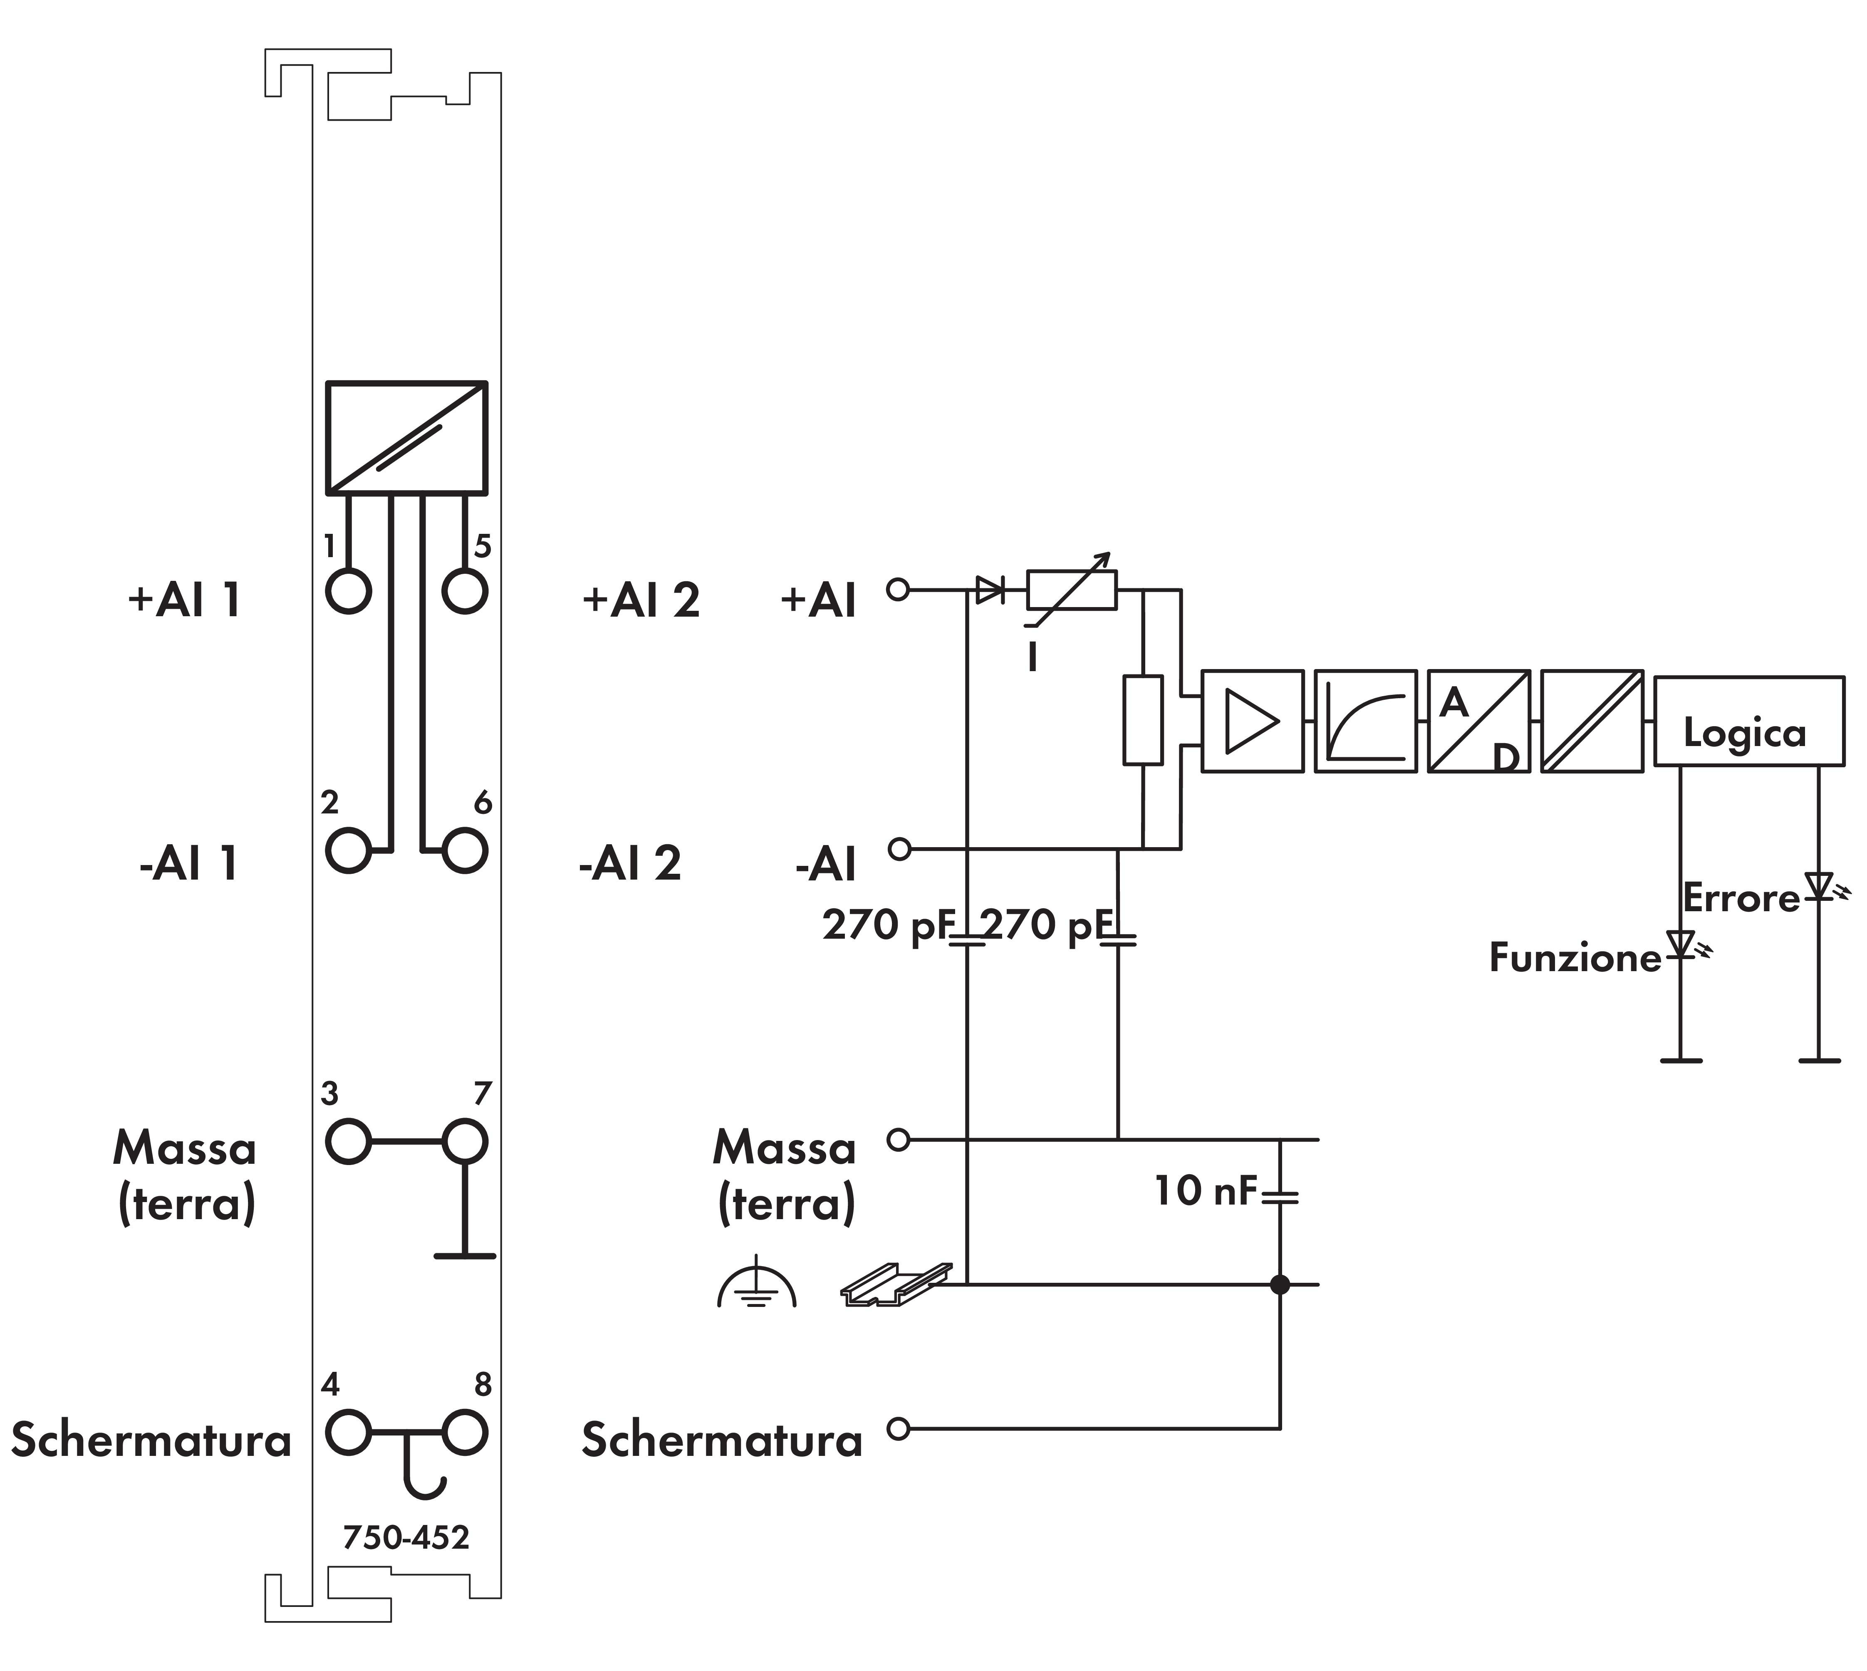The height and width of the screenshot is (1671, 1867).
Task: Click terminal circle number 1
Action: click(x=348, y=590)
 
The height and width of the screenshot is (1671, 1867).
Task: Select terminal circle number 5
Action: click(x=464, y=590)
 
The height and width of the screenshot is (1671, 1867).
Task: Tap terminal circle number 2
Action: click(x=348, y=849)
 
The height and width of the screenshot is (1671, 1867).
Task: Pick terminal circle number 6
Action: click(x=464, y=849)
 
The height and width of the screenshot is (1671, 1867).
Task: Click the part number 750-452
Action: click(x=406, y=1537)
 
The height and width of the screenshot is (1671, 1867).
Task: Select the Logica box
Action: click(x=1748, y=721)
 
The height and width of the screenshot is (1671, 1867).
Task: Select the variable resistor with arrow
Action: click(x=1071, y=590)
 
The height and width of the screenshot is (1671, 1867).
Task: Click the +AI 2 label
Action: click(x=641, y=600)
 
